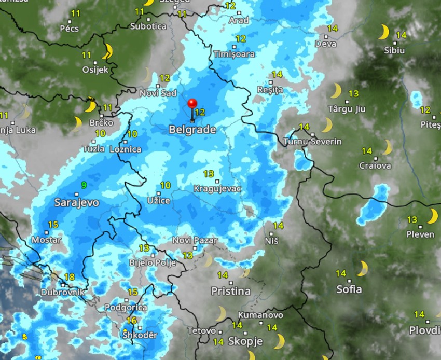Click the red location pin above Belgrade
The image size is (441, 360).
(x=193, y=104)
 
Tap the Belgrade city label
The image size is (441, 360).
(x=192, y=130)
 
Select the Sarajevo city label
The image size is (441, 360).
(x=76, y=202)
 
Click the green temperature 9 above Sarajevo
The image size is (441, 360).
(x=84, y=185)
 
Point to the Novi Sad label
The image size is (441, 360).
(x=158, y=93)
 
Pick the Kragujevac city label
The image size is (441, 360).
(x=217, y=188)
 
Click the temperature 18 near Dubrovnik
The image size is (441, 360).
(x=69, y=278)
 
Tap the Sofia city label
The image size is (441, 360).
(x=349, y=289)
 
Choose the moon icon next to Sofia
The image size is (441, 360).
(x=362, y=268)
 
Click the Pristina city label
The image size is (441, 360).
(x=231, y=291)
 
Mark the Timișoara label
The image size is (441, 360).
(x=234, y=54)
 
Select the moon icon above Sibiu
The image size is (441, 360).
(x=383, y=32)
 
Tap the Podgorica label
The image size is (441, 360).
(x=122, y=308)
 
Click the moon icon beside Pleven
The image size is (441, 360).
(x=432, y=216)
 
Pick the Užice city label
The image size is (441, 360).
(x=158, y=200)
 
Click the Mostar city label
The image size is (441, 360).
(x=46, y=240)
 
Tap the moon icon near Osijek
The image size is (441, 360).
(x=108, y=51)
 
